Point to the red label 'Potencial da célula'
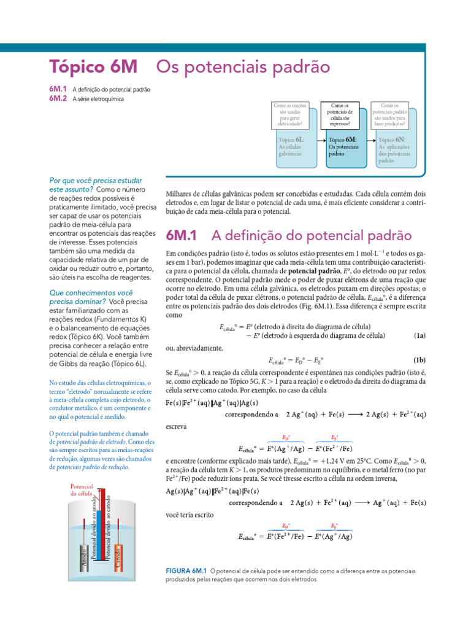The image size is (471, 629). point(82,490)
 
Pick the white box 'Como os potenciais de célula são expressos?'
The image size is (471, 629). point(344,115)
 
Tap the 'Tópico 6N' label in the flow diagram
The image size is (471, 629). point(392,140)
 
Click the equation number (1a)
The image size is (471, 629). point(419,335)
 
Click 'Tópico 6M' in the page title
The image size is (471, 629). point(93,66)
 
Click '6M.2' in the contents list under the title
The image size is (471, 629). point(58,98)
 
